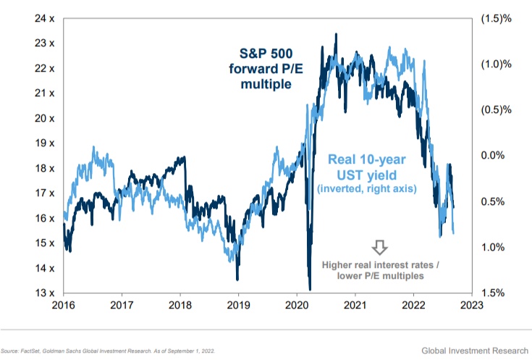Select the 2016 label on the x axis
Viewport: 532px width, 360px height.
click(x=63, y=306)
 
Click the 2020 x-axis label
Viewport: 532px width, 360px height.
click(x=297, y=306)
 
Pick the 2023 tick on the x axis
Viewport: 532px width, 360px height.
click(x=472, y=306)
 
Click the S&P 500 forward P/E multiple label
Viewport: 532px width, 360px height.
click(x=266, y=68)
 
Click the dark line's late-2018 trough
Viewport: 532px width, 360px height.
click(x=237, y=279)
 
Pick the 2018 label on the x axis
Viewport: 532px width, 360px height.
click(x=180, y=306)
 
